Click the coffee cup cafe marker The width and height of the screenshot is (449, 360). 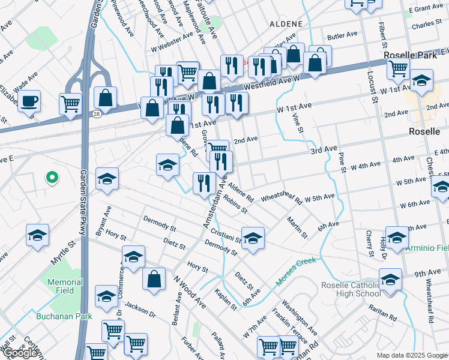click(29, 101)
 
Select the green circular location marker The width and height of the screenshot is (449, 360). click(52, 177)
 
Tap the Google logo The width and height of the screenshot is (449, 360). click(20, 353)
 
